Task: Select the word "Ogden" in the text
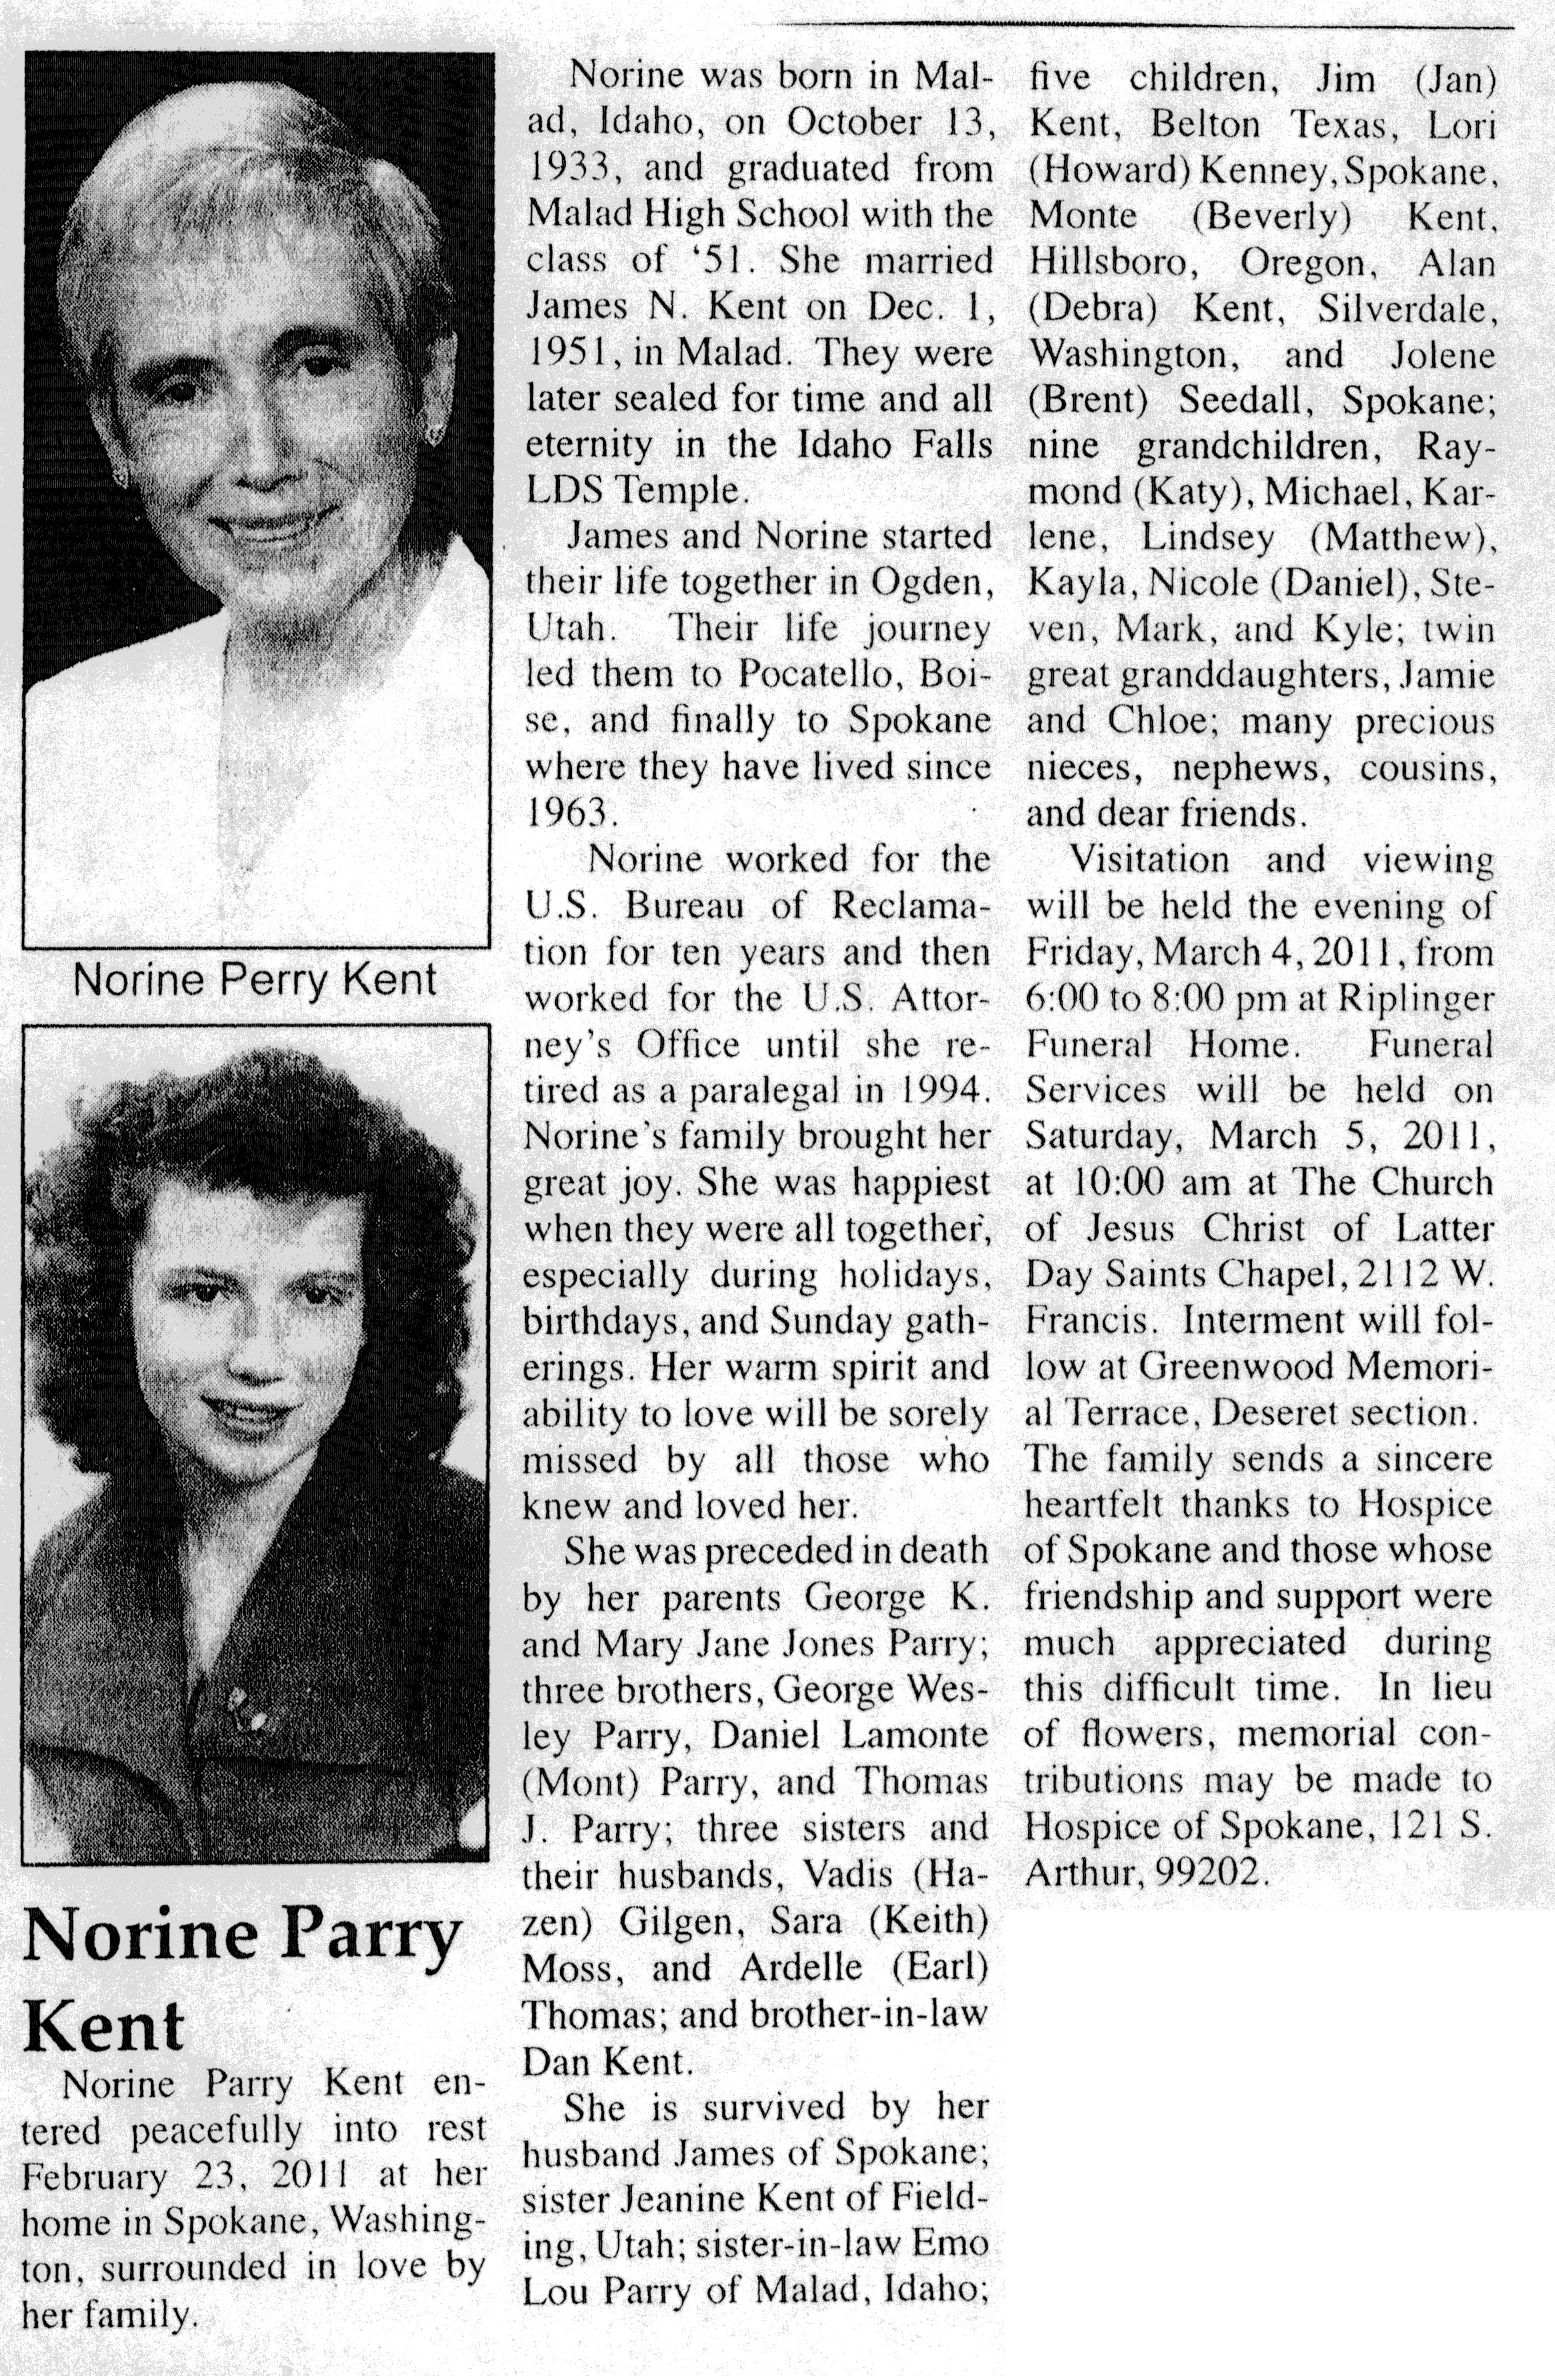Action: (x=928, y=582)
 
